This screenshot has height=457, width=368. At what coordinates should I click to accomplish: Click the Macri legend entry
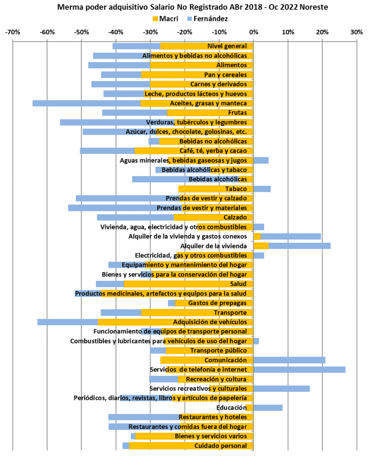coord(165,19)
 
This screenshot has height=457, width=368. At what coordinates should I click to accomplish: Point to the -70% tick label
coord(12,32)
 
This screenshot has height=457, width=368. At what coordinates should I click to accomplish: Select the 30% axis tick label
coord(356,32)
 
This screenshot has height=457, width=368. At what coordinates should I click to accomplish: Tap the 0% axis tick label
coord(254,32)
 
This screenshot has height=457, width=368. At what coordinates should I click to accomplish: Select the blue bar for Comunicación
coord(289,360)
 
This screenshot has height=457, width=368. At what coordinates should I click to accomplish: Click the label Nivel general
coord(227,46)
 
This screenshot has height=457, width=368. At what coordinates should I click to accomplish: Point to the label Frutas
coord(237,112)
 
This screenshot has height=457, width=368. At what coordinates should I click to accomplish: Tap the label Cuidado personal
coord(221,446)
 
